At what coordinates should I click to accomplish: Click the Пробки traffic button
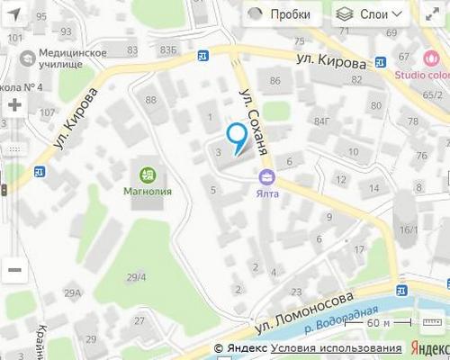click(x=279, y=14)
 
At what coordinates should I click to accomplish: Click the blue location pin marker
click(x=237, y=138)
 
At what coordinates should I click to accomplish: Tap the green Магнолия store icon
click(x=148, y=174)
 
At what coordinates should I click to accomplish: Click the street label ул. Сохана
click(x=253, y=122)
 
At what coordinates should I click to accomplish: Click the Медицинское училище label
click(x=72, y=58)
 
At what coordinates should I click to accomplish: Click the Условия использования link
click(x=337, y=349)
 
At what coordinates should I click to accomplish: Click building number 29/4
click(x=137, y=276)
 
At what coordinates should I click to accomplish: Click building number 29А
click(x=72, y=293)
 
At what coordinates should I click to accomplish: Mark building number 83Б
click(x=167, y=49)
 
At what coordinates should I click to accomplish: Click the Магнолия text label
click(x=148, y=192)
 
